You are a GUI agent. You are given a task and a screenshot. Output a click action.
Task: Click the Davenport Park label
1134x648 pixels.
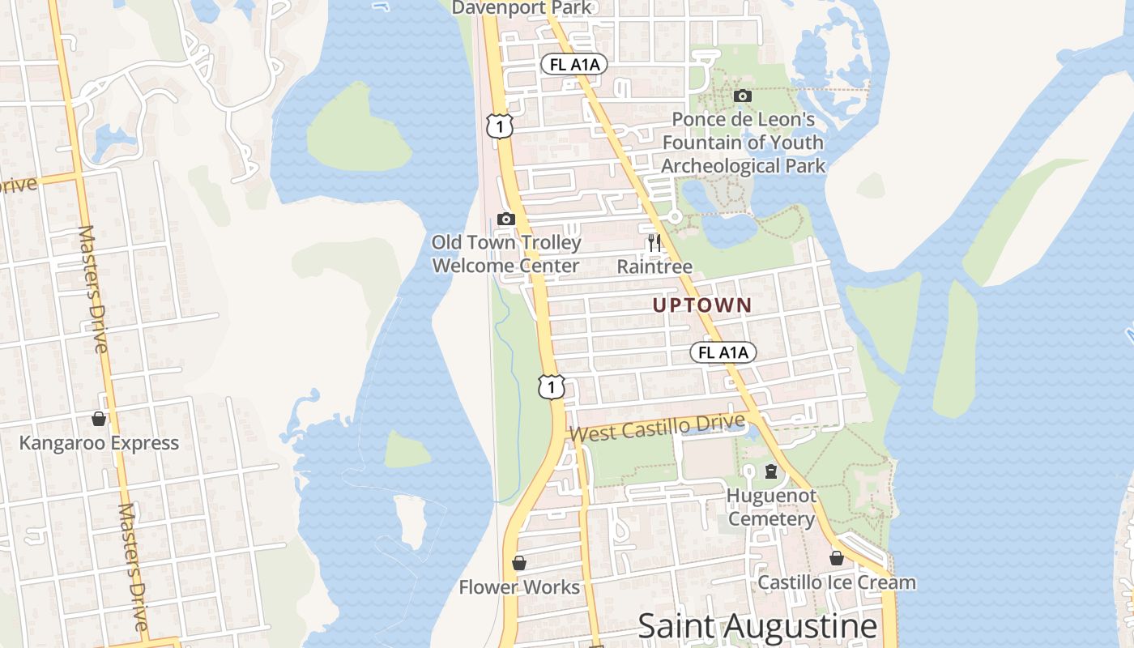[522, 8]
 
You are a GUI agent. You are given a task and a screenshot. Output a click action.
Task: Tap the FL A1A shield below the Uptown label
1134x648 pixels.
[723, 352]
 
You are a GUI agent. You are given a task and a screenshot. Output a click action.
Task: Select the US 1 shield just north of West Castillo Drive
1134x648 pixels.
[551, 386]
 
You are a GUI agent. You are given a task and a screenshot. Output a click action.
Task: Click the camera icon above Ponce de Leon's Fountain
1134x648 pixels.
[742, 96]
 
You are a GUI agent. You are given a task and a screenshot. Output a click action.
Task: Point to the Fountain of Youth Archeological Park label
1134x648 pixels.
[744, 143]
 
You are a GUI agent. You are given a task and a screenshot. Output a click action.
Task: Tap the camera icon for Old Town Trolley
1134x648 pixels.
[506, 219]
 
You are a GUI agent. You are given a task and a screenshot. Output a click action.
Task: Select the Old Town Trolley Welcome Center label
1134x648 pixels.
[506, 254]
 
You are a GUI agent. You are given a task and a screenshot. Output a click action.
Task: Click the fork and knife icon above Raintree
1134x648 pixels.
[654, 242]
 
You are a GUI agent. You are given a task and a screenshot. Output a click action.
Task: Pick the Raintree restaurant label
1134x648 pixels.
[654, 266]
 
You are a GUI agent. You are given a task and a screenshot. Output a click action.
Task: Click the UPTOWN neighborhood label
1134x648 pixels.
[702, 305]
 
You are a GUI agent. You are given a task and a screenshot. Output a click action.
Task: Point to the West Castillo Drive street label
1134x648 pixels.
[657, 428]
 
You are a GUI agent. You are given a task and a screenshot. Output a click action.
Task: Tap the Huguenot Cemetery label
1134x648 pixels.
[771, 507]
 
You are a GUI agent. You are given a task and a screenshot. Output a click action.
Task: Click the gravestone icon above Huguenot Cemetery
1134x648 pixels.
[771, 471]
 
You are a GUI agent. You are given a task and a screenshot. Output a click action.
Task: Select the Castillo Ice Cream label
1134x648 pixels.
[837, 582]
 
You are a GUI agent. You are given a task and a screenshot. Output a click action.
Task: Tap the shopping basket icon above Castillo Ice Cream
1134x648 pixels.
[837, 558]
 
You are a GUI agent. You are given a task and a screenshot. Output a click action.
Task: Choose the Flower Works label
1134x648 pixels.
[519, 587]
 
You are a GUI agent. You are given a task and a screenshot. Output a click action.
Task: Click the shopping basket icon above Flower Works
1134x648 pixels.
[519, 562]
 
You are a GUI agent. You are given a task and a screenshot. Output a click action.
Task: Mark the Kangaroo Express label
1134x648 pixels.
[99, 443]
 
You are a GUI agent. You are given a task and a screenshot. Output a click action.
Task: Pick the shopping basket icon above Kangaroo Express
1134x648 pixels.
[99, 419]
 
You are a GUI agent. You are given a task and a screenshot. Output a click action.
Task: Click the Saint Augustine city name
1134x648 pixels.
[757, 626]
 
